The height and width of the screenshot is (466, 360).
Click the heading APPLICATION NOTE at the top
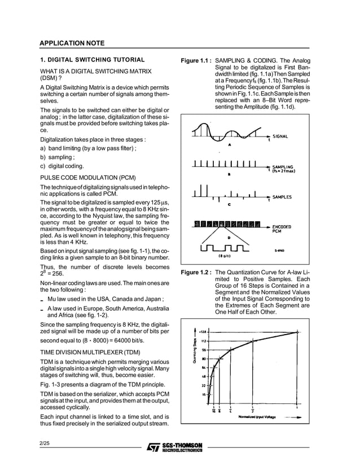coord(72,43)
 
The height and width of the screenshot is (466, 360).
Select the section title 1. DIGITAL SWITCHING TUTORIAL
coord(92,60)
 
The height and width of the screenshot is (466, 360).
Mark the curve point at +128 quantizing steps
coord(297,332)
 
